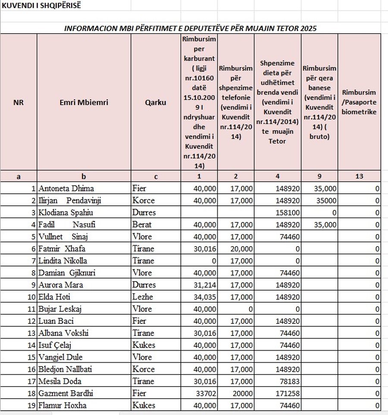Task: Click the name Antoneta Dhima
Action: (x=66, y=188)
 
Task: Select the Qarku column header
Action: (x=156, y=103)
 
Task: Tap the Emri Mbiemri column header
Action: (x=84, y=103)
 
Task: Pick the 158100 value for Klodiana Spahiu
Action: (x=288, y=212)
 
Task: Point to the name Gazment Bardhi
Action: (x=66, y=393)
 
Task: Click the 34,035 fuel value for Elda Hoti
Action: (x=204, y=297)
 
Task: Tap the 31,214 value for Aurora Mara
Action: (x=204, y=285)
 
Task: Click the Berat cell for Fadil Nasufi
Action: (x=143, y=225)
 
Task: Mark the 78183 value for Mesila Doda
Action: (x=288, y=381)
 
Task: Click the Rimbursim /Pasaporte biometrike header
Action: (x=359, y=102)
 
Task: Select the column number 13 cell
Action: (x=359, y=176)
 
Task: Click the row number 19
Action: (x=31, y=405)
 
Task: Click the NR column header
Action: (x=19, y=103)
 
